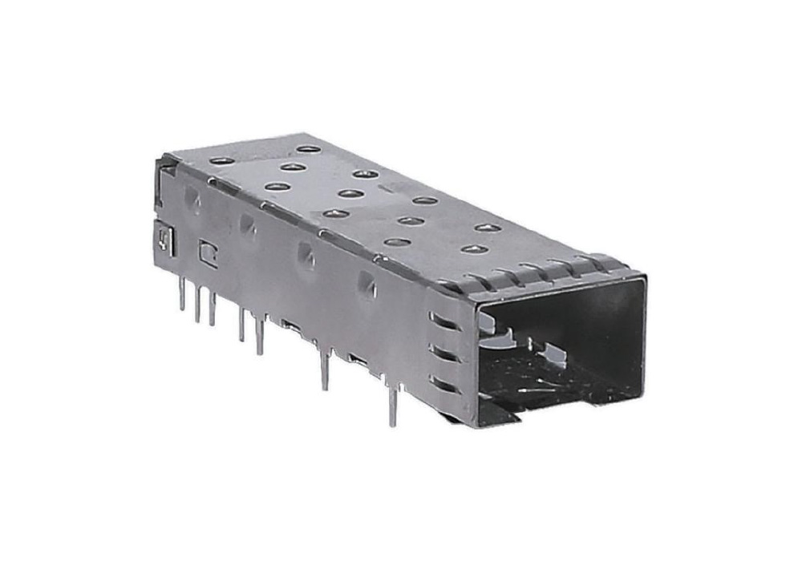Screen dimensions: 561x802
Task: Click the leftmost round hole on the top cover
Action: tap(221, 161)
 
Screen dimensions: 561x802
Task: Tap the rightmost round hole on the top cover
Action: tap(488, 228)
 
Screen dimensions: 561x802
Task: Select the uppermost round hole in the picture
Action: tap(305, 149)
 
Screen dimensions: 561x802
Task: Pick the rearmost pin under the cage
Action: tap(182, 293)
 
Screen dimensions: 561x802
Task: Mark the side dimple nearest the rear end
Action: tap(192, 197)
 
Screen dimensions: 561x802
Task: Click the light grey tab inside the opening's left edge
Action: tap(492, 322)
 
